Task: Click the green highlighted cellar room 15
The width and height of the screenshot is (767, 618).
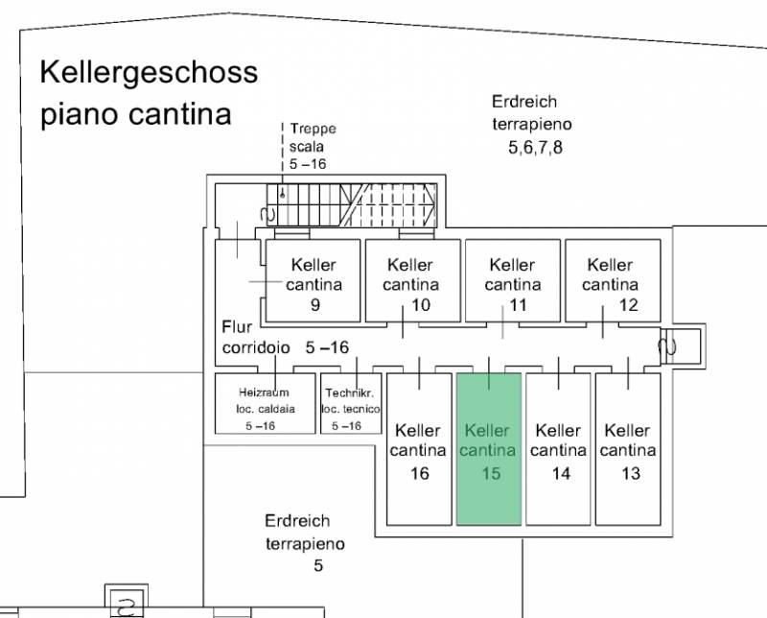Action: coord(489,449)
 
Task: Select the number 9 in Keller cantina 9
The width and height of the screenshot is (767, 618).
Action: coord(315,305)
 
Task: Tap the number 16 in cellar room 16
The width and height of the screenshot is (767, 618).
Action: coord(420,473)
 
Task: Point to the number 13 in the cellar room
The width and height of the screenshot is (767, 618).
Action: coord(631,473)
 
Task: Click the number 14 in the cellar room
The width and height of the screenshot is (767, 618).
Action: coord(561,473)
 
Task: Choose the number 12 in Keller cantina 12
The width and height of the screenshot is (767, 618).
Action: coord(629,305)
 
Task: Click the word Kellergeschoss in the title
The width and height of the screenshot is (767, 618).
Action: coord(149,73)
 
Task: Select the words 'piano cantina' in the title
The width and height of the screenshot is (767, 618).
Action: coord(136,114)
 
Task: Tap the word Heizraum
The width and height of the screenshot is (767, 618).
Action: coord(264,392)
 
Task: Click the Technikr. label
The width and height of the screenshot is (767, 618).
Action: coord(350,392)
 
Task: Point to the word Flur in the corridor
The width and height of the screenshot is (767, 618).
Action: coord(237,326)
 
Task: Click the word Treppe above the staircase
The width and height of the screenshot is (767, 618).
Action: coord(314,129)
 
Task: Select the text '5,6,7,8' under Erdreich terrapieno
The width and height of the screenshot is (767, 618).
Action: coord(535,147)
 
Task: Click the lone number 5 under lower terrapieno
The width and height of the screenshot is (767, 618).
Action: coord(318,565)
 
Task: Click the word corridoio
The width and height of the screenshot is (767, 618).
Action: coord(256,347)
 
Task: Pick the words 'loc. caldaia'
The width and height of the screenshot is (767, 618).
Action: coord(266,409)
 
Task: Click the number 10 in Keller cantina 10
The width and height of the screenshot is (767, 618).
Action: coord(421,305)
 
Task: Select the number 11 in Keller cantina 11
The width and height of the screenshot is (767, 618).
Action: coord(518,305)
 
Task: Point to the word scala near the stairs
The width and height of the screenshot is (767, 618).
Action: coord(306,147)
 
